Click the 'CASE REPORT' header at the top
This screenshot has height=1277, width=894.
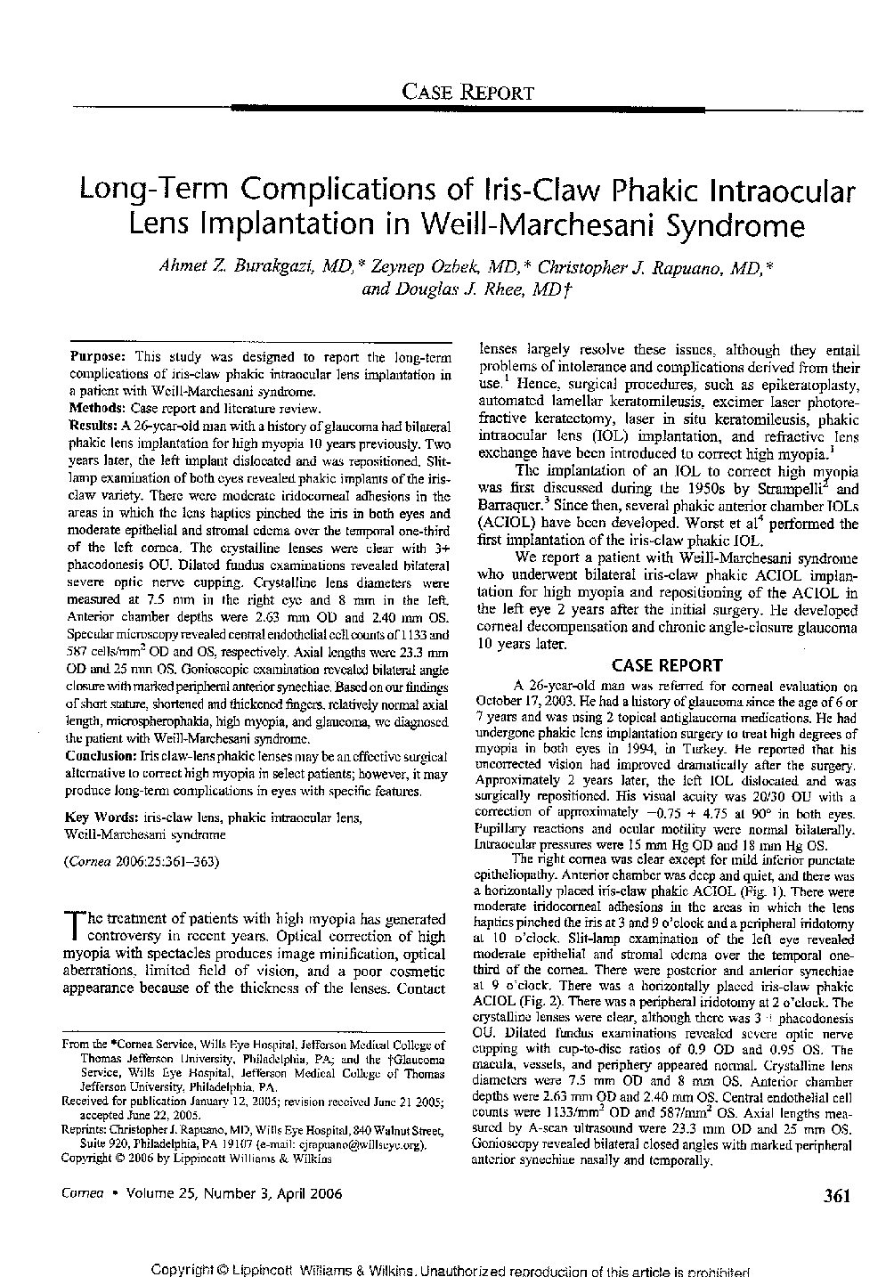(468, 91)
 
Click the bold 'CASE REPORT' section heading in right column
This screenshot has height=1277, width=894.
(666, 665)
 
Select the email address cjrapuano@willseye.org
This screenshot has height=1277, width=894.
(370, 1144)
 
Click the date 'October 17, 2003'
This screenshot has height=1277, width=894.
(525, 701)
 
